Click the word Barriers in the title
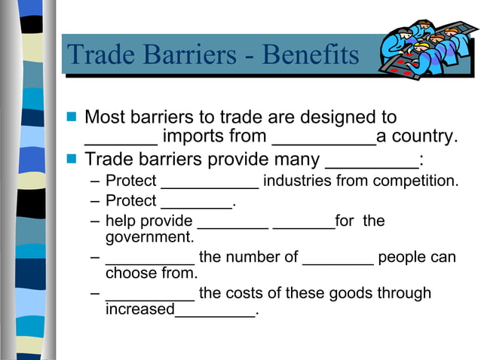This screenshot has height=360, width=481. [x=184, y=55]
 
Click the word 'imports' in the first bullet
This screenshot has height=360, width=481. [x=194, y=137]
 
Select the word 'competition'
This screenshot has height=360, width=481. [x=415, y=182]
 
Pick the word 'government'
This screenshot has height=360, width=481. [x=149, y=238]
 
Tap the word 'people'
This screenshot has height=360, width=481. [x=402, y=258]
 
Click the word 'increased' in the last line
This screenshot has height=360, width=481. [x=139, y=310]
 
